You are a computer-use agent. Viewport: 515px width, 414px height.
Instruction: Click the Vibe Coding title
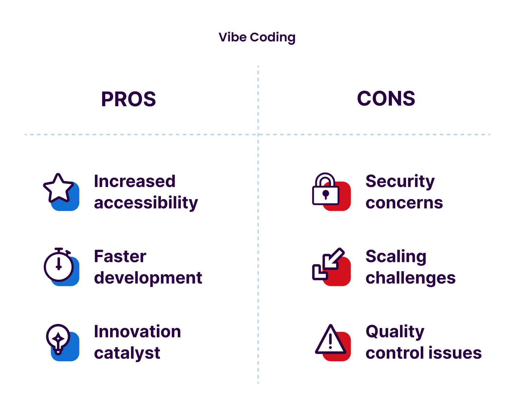257,37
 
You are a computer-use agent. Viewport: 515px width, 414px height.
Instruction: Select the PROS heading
128,99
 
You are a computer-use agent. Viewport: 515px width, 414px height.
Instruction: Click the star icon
58,188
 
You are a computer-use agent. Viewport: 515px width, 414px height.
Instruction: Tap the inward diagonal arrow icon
328,264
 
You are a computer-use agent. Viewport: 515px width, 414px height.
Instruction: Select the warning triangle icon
330,341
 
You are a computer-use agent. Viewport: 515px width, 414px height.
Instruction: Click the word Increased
135,181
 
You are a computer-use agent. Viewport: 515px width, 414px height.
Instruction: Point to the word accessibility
146,203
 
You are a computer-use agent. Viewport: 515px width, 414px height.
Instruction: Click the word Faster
120,257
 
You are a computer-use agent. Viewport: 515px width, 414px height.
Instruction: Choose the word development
148,278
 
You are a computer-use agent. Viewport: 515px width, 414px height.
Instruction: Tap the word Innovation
137,332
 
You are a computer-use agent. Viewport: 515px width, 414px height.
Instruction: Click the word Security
400,181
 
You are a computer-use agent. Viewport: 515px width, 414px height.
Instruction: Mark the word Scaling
396,257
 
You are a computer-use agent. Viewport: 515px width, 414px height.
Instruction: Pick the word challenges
410,278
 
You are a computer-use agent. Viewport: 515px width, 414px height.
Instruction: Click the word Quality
395,332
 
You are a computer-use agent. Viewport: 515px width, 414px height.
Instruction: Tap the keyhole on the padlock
325,195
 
